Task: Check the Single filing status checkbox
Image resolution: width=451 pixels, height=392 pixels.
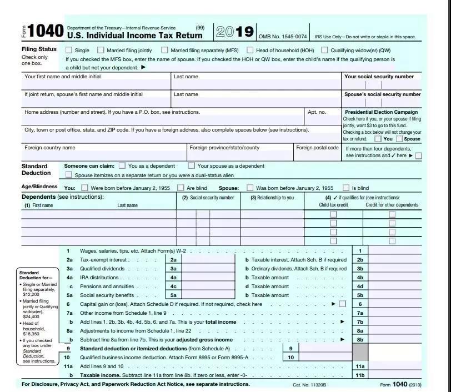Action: (x=69, y=50)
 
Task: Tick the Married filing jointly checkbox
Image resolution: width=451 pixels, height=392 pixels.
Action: (x=101, y=50)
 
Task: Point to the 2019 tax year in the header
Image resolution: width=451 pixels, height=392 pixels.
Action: (x=234, y=32)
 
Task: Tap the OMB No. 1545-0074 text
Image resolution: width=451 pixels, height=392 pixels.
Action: (x=283, y=37)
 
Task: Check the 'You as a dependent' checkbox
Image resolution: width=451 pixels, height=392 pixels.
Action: (x=123, y=165)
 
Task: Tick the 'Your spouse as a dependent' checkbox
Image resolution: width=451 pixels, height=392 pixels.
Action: (x=192, y=165)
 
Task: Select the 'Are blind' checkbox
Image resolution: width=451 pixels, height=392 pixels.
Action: (x=181, y=188)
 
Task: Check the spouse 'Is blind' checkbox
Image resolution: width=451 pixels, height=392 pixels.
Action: (x=346, y=188)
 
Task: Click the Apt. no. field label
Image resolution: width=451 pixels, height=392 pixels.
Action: (x=317, y=112)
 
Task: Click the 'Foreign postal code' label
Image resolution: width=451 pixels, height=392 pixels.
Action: (x=317, y=148)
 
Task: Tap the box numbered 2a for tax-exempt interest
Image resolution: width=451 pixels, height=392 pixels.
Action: (x=173, y=259)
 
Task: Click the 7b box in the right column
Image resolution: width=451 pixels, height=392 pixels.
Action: (x=360, y=321)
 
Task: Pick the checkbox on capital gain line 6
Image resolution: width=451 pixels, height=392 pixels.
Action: (x=342, y=304)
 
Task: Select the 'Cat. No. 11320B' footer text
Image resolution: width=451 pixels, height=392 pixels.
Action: (x=309, y=384)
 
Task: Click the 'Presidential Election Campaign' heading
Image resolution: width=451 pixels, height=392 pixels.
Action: (x=381, y=112)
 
